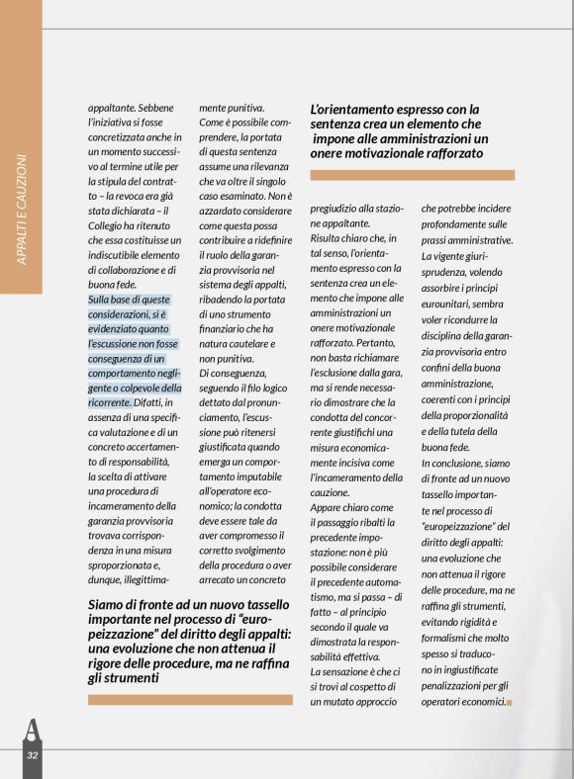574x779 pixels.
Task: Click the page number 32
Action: tap(32, 755)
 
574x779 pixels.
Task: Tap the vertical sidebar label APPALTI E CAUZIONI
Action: tap(22, 209)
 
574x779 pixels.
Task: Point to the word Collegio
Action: tap(111, 224)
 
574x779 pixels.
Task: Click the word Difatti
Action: tap(154, 402)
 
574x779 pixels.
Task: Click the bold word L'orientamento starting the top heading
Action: tap(357, 109)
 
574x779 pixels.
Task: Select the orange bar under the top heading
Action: tap(412, 175)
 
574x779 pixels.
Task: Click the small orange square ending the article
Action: tap(510, 702)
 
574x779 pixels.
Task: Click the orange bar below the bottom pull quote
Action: tap(191, 699)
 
